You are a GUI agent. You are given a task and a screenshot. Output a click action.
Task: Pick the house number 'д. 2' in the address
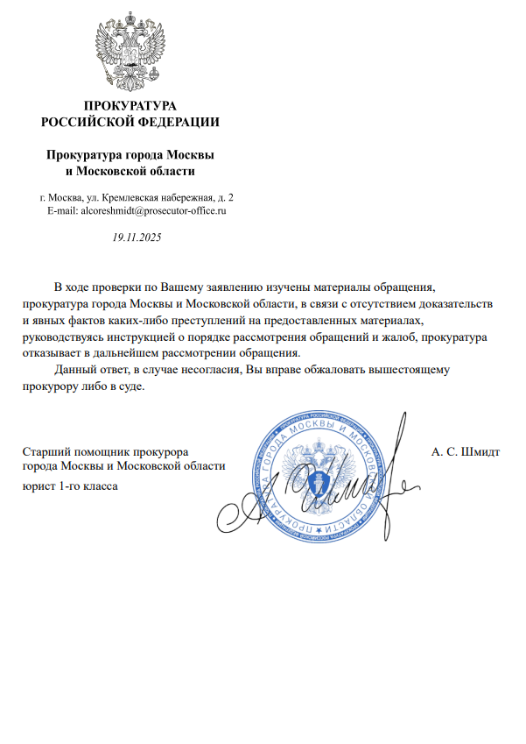point(225,197)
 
